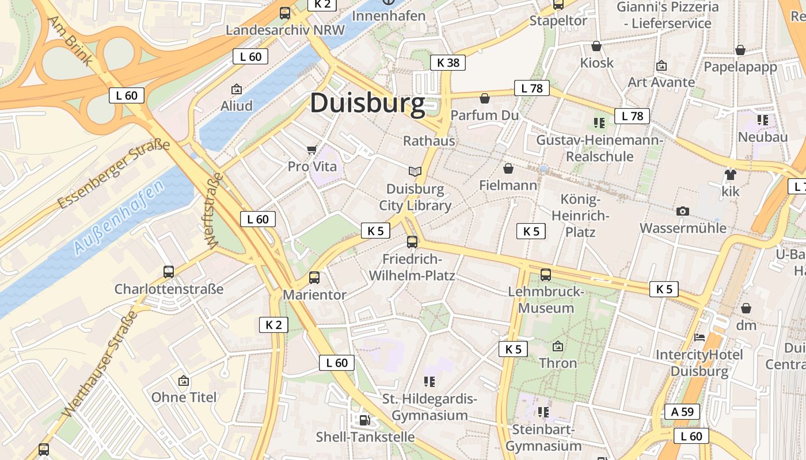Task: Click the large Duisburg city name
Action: coord(367,103)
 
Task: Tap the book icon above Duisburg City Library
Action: coord(415,171)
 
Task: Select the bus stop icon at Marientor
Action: coord(314,278)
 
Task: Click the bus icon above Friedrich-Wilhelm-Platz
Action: coord(412,242)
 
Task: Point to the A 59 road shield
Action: coord(682,412)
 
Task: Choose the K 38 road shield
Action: coord(447,63)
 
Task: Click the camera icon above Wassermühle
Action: coord(683,211)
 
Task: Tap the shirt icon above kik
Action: coord(731,174)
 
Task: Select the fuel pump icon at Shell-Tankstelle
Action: coord(364,420)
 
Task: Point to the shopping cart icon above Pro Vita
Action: coord(312,150)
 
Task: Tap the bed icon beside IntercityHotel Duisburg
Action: coord(699,337)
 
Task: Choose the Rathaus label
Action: coord(429,141)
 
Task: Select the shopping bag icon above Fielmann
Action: coord(508,168)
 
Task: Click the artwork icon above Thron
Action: coord(557,346)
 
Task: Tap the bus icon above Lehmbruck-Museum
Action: coord(545,275)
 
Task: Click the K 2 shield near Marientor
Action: coord(273,324)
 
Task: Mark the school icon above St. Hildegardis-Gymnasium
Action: coord(429,381)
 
